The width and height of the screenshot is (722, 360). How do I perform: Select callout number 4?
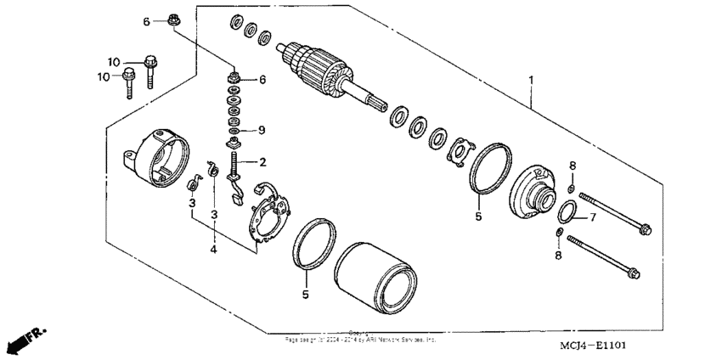(214, 249)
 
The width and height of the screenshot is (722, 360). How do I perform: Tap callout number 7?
(592, 217)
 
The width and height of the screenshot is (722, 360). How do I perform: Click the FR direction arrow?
(25, 339)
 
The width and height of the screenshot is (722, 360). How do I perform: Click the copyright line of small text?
(361, 338)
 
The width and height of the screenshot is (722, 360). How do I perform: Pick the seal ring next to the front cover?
(490, 167)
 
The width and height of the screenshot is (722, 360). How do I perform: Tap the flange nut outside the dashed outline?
(172, 20)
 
